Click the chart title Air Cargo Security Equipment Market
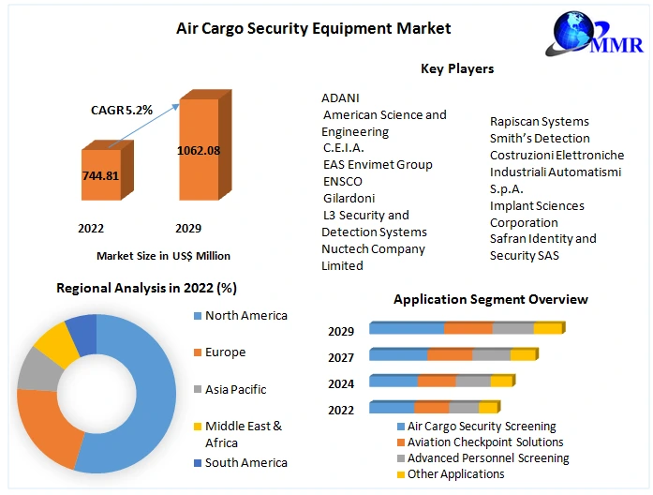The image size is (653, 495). tap(313, 28)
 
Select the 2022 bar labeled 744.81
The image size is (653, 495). tap(100, 175)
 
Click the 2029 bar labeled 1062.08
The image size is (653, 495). tap(199, 150)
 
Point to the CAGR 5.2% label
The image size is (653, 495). tap(121, 110)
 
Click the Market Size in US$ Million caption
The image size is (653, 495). tap(163, 255)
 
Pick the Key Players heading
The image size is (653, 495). tap(457, 68)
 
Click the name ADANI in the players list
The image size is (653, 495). tap(340, 97)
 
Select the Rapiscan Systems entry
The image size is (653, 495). tap(539, 121)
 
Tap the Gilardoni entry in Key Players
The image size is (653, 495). tap(349, 198)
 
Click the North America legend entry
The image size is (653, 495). tap(245, 316)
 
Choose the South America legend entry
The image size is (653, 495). tap(245, 462)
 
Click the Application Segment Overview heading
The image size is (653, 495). tap(490, 299)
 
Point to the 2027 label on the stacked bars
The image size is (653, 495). tap(341, 357)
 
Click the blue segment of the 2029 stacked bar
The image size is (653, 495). tap(407, 328)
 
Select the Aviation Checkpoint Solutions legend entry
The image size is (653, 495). tap(484, 442)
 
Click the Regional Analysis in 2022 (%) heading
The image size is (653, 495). tap(146, 288)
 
